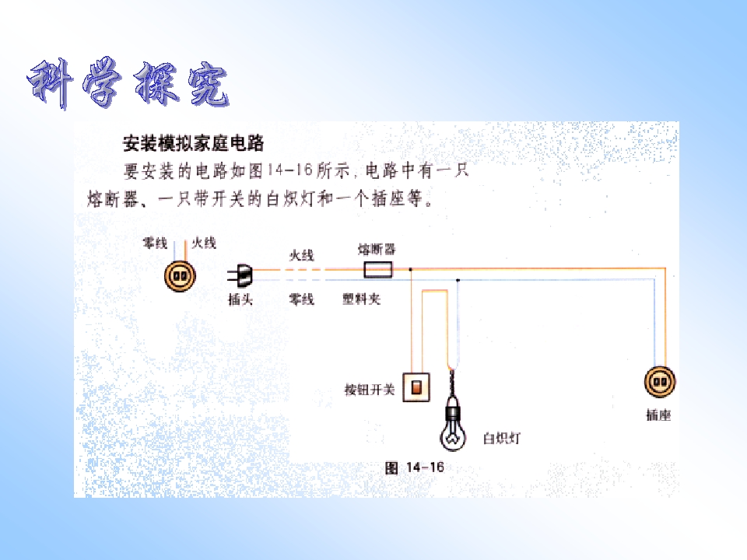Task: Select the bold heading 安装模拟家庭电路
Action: coord(194,143)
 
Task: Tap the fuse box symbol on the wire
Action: coord(378,270)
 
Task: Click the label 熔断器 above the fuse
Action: coord(377,249)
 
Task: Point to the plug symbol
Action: coord(240,275)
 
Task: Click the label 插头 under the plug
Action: coord(240,299)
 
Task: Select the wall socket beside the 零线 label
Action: coord(180,276)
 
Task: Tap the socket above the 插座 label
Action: coord(660,381)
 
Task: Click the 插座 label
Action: coord(658,415)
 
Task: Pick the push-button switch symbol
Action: coord(416,387)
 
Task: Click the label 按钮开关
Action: coord(370,390)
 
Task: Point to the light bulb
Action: coord(453,425)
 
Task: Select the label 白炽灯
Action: coord(502,438)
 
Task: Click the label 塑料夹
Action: coord(362,299)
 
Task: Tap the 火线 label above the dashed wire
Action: coord(302,256)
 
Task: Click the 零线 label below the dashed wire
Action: coord(302,299)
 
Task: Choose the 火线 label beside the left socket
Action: coord(204,243)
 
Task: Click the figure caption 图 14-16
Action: coord(415,467)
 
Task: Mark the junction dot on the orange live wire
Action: coord(411,270)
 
